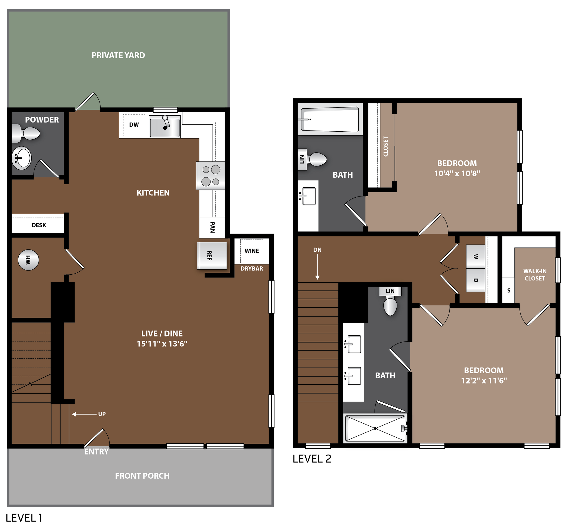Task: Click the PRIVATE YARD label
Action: [x=118, y=55]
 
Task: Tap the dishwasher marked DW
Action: [x=134, y=125]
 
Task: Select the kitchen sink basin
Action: [x=164, y=127]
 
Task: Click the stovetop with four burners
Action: [x=211, y=176]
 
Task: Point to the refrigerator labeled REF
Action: [x=212, y=256]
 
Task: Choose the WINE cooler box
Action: [x=252, y=251]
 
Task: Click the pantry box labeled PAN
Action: [x=212, y=228]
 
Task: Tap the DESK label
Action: [x=39, y=225]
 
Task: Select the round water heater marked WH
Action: [x=28, y=260]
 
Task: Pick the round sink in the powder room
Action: [x=21, y=158]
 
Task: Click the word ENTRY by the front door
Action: [x=96, y=452]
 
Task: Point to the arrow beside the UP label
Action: [x=84, y=414]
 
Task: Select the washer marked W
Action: [x=476, y=257]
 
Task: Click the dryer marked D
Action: [x=476, y=280]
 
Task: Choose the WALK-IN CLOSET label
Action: [x=535, y=275]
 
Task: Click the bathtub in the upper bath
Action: [x=330, y=119]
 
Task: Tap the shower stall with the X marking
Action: [x=375, y=428]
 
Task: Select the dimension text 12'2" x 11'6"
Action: [x=484, y=381]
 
